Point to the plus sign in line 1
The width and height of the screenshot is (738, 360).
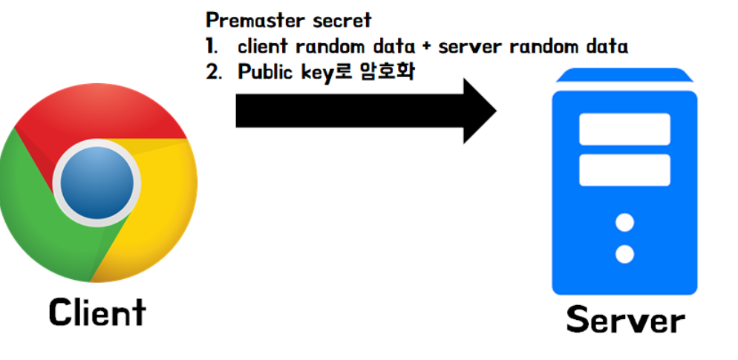tap(425, 46)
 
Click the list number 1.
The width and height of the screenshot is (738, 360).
tap(212, 46)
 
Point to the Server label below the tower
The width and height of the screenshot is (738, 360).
tap(625, 321)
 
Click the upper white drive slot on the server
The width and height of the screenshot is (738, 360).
tap(624, 129)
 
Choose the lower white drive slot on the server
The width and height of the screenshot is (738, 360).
tap(624, 170)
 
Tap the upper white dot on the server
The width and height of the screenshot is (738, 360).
tap(625, 223)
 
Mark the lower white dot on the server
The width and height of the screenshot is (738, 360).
tap(625, 255)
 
